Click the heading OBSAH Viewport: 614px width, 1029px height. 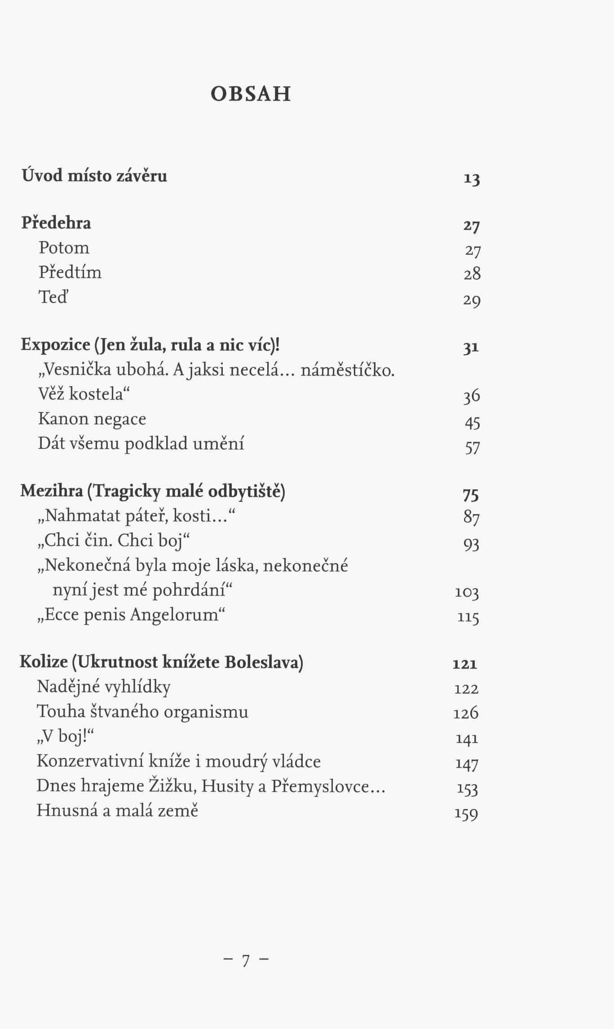[251, 94]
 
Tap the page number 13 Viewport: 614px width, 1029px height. [472, 179]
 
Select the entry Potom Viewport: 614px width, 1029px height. [64, 248]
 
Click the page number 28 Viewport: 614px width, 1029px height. [472, 273]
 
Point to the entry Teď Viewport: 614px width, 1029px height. [53, 297]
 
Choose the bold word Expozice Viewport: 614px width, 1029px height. [55, 345]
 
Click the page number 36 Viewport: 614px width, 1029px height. [472, 396]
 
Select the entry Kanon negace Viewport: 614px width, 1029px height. [92, 419]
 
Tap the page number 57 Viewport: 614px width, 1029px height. [472, 447]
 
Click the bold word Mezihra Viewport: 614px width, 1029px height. [52, 491]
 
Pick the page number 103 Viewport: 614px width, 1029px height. [467, 593]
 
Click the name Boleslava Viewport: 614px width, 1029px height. [264, 663]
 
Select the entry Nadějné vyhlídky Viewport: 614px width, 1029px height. [103, 687]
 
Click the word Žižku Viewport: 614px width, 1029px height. [173, 786]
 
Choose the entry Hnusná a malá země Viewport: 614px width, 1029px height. [117, 810]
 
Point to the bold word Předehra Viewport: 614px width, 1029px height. [56, 223]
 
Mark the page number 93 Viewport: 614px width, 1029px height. [471, 545]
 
